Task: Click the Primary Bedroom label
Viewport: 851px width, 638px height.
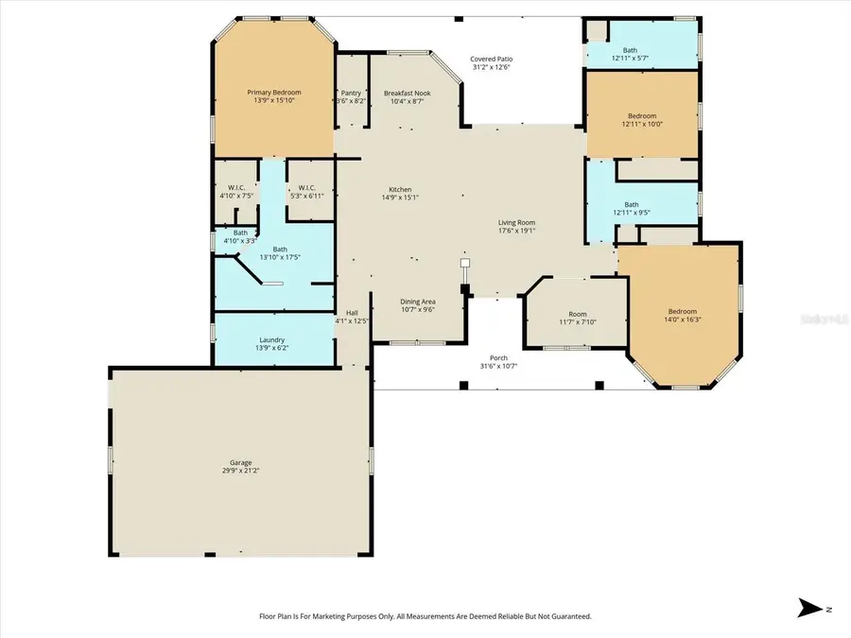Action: click(274, 93)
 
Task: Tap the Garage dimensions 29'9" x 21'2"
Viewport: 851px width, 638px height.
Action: click(240, 471)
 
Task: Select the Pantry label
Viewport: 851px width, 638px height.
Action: click(351, 93)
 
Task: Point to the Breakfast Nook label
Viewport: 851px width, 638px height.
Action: click(408, 93)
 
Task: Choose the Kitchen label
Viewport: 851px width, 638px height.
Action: click(399, 190)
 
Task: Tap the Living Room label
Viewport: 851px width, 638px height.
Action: click(517, 223)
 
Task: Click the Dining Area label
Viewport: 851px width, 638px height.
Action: click(417, 301)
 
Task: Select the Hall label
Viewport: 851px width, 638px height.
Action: click(352, 313)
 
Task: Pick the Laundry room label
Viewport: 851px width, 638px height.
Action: click(272, 340)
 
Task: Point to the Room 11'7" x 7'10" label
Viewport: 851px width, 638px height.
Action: click(577, 314)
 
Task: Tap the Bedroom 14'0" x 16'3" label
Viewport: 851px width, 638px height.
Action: click(683, 312)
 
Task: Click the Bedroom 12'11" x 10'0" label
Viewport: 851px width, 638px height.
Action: click(643, 116)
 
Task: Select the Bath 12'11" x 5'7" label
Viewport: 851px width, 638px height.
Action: click(631, 51)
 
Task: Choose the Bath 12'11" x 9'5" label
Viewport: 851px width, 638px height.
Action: click(631, 204)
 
